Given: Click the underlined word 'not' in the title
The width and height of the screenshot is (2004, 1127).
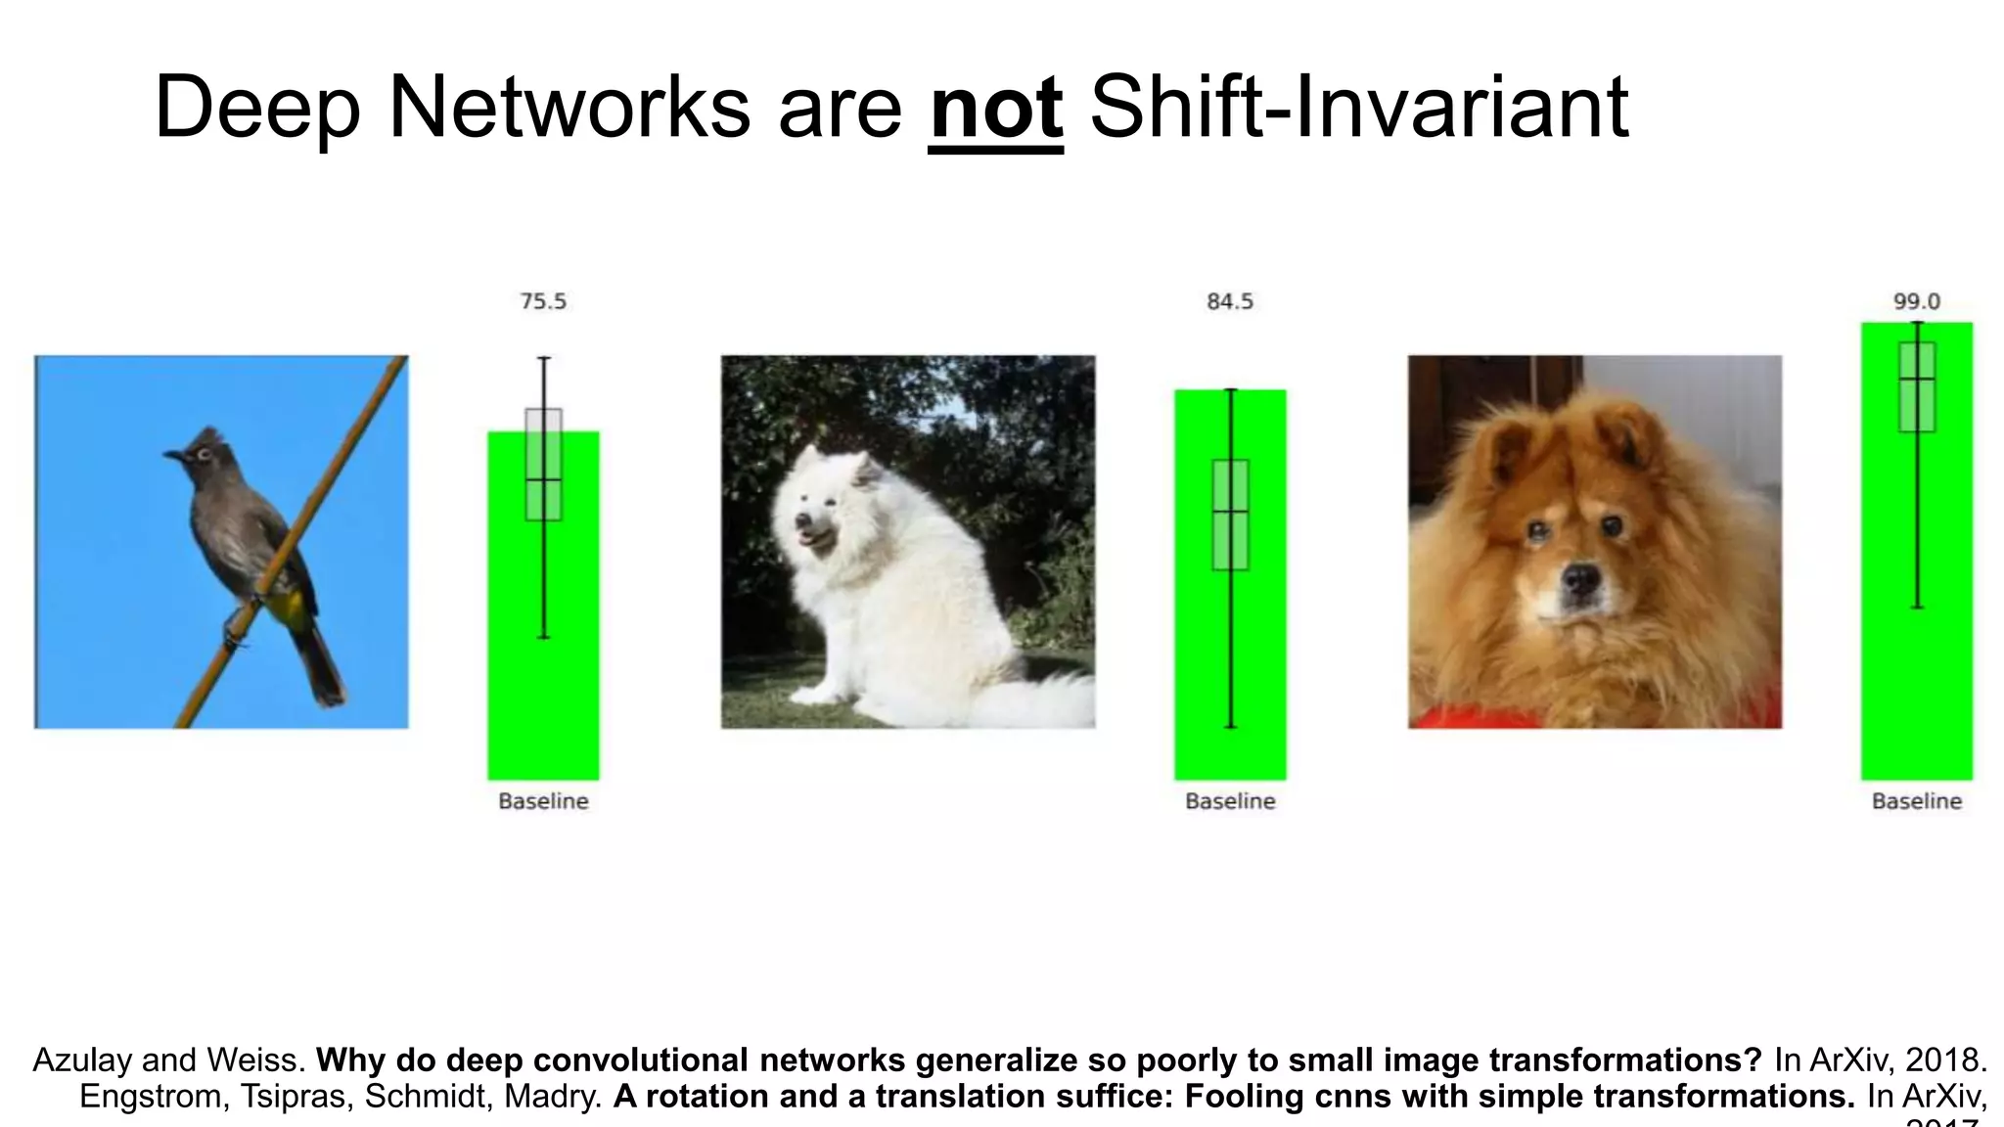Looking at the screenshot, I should point(995,110).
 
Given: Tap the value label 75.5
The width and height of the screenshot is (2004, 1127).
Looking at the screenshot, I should point(543,301).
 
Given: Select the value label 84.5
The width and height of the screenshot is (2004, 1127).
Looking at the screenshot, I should point(1230,301).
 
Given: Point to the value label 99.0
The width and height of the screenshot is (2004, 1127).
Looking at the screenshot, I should point(1916,301).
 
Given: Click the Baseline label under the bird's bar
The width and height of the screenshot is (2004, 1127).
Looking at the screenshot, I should point(543,801).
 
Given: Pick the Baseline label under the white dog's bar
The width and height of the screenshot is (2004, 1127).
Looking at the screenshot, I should point(1230,801).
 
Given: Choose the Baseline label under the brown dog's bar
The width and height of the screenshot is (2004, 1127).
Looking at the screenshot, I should point(1916,801).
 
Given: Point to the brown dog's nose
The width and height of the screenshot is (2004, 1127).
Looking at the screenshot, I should point(1578,580).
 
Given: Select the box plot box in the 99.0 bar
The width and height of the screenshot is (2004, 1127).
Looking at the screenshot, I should point(1916,386).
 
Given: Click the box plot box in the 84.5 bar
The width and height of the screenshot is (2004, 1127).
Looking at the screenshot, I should point(1230,515).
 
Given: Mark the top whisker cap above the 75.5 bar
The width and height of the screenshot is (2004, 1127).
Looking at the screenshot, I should point(544,359).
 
